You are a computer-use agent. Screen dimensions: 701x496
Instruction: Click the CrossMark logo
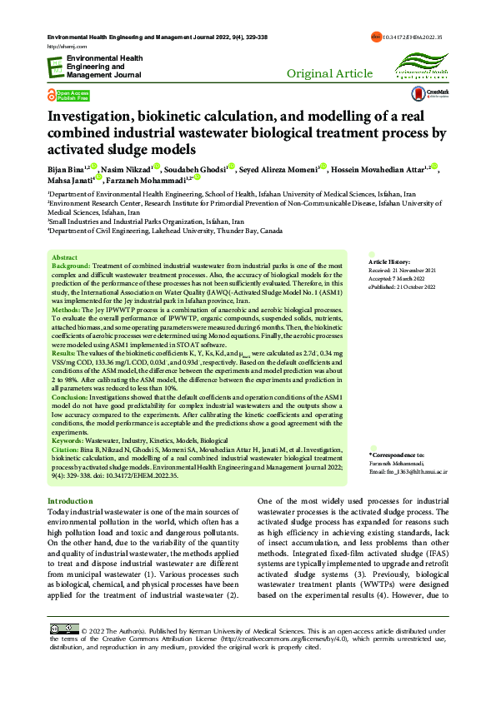point(437,95)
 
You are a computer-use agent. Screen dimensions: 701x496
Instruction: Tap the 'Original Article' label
point(329,74)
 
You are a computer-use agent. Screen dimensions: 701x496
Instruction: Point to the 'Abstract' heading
point(64,258)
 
